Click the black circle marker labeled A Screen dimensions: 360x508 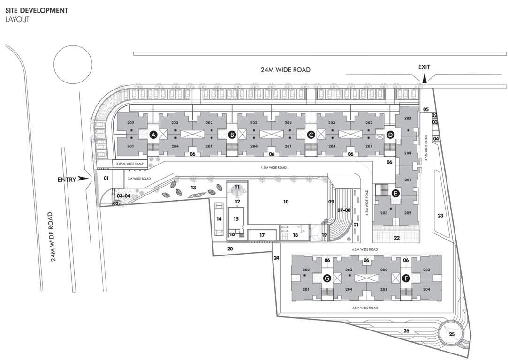click(152, 135)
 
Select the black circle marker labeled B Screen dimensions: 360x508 click(232, 135)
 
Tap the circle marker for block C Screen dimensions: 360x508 click(311, 135)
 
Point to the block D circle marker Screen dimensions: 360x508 click(390, 135)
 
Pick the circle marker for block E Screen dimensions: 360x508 click(396, 193)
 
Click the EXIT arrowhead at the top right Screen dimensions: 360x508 click(425, 80)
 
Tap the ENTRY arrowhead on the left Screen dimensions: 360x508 click(84, 178)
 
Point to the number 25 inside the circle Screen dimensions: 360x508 click(452, 334)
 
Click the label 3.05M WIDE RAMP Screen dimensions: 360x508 click(129, 164)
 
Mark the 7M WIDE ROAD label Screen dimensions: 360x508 click(139, 179)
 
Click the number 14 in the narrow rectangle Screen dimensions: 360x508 click(219, 218)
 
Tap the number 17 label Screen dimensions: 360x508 click(262, 235)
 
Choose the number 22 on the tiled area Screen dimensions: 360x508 click(397, 238)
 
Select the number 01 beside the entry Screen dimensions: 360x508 click(106, 178)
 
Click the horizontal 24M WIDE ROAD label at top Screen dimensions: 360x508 click(286, 70)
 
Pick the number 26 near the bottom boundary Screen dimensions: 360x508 click(406, 331)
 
